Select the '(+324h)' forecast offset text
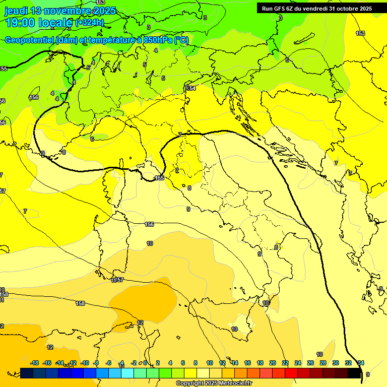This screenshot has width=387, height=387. pyautogui.click(x=90, y=23)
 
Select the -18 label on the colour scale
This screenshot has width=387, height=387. pyautogui.click(x=35, y=363)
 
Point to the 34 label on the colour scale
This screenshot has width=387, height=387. pyautogui.click(x=361, y=363)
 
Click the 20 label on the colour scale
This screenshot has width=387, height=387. pyautogui.click(x=273, y=363)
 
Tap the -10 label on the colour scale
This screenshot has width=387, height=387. pyautogui.click(x=85, y=363)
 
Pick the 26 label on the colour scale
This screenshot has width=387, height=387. pyautogui.click(x=310, y=363)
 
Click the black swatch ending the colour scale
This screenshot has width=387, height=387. pyautogui.click(x=354, y=373)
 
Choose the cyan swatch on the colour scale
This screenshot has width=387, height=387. pyautogui.click(x=127, y=373)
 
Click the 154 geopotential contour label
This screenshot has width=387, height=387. pyautogui.click(x=190, y=88)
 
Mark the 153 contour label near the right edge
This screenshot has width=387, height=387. pyautogui.click(x=360, y=33)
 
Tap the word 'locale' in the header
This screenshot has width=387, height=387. pyautogui.click(x=55, y=23)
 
